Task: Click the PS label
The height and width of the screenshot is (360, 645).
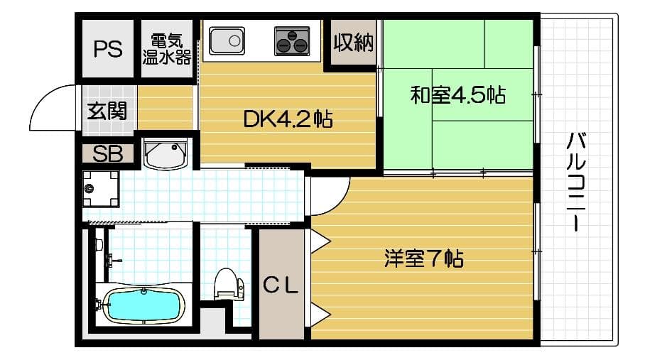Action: [108, 50]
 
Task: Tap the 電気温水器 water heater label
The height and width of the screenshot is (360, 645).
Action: [166, 48]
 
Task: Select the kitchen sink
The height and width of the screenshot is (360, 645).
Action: [227, 40]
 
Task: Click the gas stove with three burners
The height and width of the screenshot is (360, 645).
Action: [293, 40]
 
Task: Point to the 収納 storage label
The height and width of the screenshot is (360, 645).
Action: [353, 44]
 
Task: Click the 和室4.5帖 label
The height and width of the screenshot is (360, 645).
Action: [457, 95]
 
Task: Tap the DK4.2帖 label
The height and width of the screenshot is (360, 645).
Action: [288, 119]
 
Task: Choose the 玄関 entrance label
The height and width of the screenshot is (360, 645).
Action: [107, 111]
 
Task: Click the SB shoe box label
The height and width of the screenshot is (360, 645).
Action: [108, 154]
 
